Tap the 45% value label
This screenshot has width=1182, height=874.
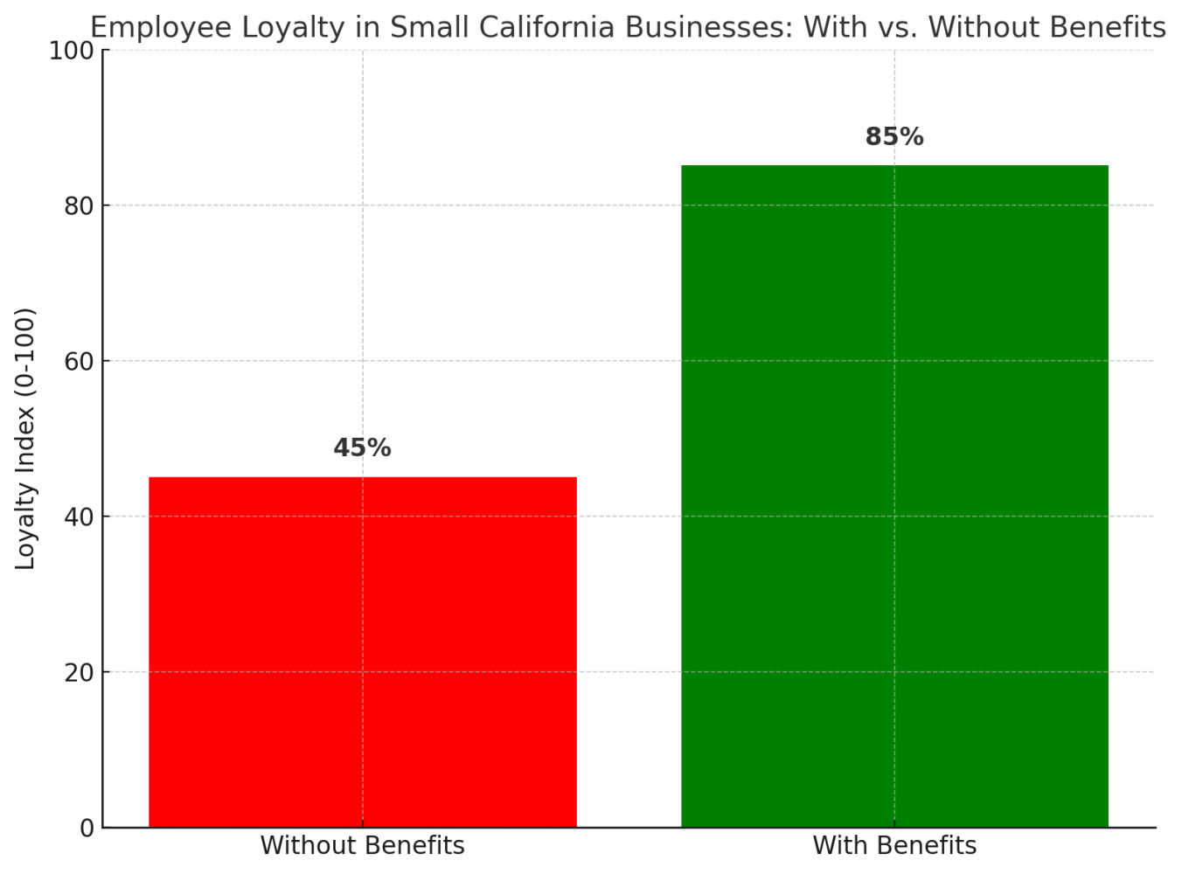click(362, 448)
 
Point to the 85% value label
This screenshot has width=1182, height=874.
click(894, 137)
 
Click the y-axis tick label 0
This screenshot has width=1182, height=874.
click(87, 828)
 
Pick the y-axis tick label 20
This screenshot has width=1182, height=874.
click(80, 672)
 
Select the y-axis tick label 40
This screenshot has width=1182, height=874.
click(80, 517)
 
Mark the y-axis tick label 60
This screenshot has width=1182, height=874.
click(80, 361)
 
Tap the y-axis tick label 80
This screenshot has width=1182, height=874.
click(80, 206)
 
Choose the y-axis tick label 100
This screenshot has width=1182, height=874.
click(72, 51)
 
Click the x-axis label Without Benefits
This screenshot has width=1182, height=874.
click(362, 846)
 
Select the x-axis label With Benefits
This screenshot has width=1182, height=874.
click(894, 846)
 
